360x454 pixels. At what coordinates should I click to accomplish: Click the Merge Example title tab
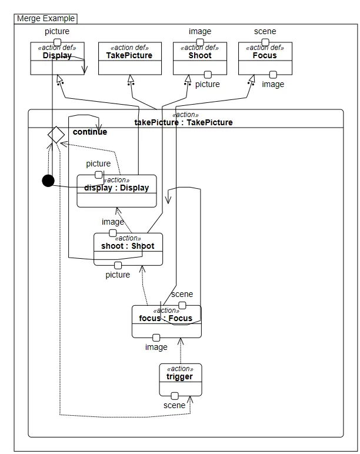click(x=46, y=18)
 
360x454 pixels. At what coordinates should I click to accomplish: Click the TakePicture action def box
click(x=129, y=58)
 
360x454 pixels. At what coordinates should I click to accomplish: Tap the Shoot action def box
click(x=200, y=58)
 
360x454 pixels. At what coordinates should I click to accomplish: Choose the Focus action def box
click(x=265, y=58)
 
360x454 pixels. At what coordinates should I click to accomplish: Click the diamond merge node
click(x=56, y=135)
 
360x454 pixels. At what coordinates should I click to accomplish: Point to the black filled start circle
click(x=48, y=181)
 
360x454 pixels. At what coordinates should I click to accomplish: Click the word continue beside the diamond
click(x=89, y=132)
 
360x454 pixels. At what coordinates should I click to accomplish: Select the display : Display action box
click(x=116, y=191)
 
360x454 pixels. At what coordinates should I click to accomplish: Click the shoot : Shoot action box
click(x=128, y=249)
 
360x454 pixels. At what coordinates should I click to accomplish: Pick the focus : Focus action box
click(x=166, y=322)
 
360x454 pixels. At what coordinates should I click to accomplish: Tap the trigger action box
click(x=180, y=380)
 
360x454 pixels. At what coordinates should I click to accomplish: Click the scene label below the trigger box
click(x=174, y=405)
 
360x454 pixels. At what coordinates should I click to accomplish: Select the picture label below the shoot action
click(x=118, y=275)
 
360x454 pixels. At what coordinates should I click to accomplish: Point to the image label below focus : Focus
click(x=156, y=347)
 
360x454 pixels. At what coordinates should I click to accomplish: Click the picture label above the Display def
click(x=57, y=31)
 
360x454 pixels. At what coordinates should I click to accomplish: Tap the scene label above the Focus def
click(x=265, y=31)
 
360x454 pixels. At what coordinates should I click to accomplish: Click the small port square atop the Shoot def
click(x=200, y=42)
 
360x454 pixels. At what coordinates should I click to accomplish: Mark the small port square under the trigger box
click(x=175, y=396)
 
